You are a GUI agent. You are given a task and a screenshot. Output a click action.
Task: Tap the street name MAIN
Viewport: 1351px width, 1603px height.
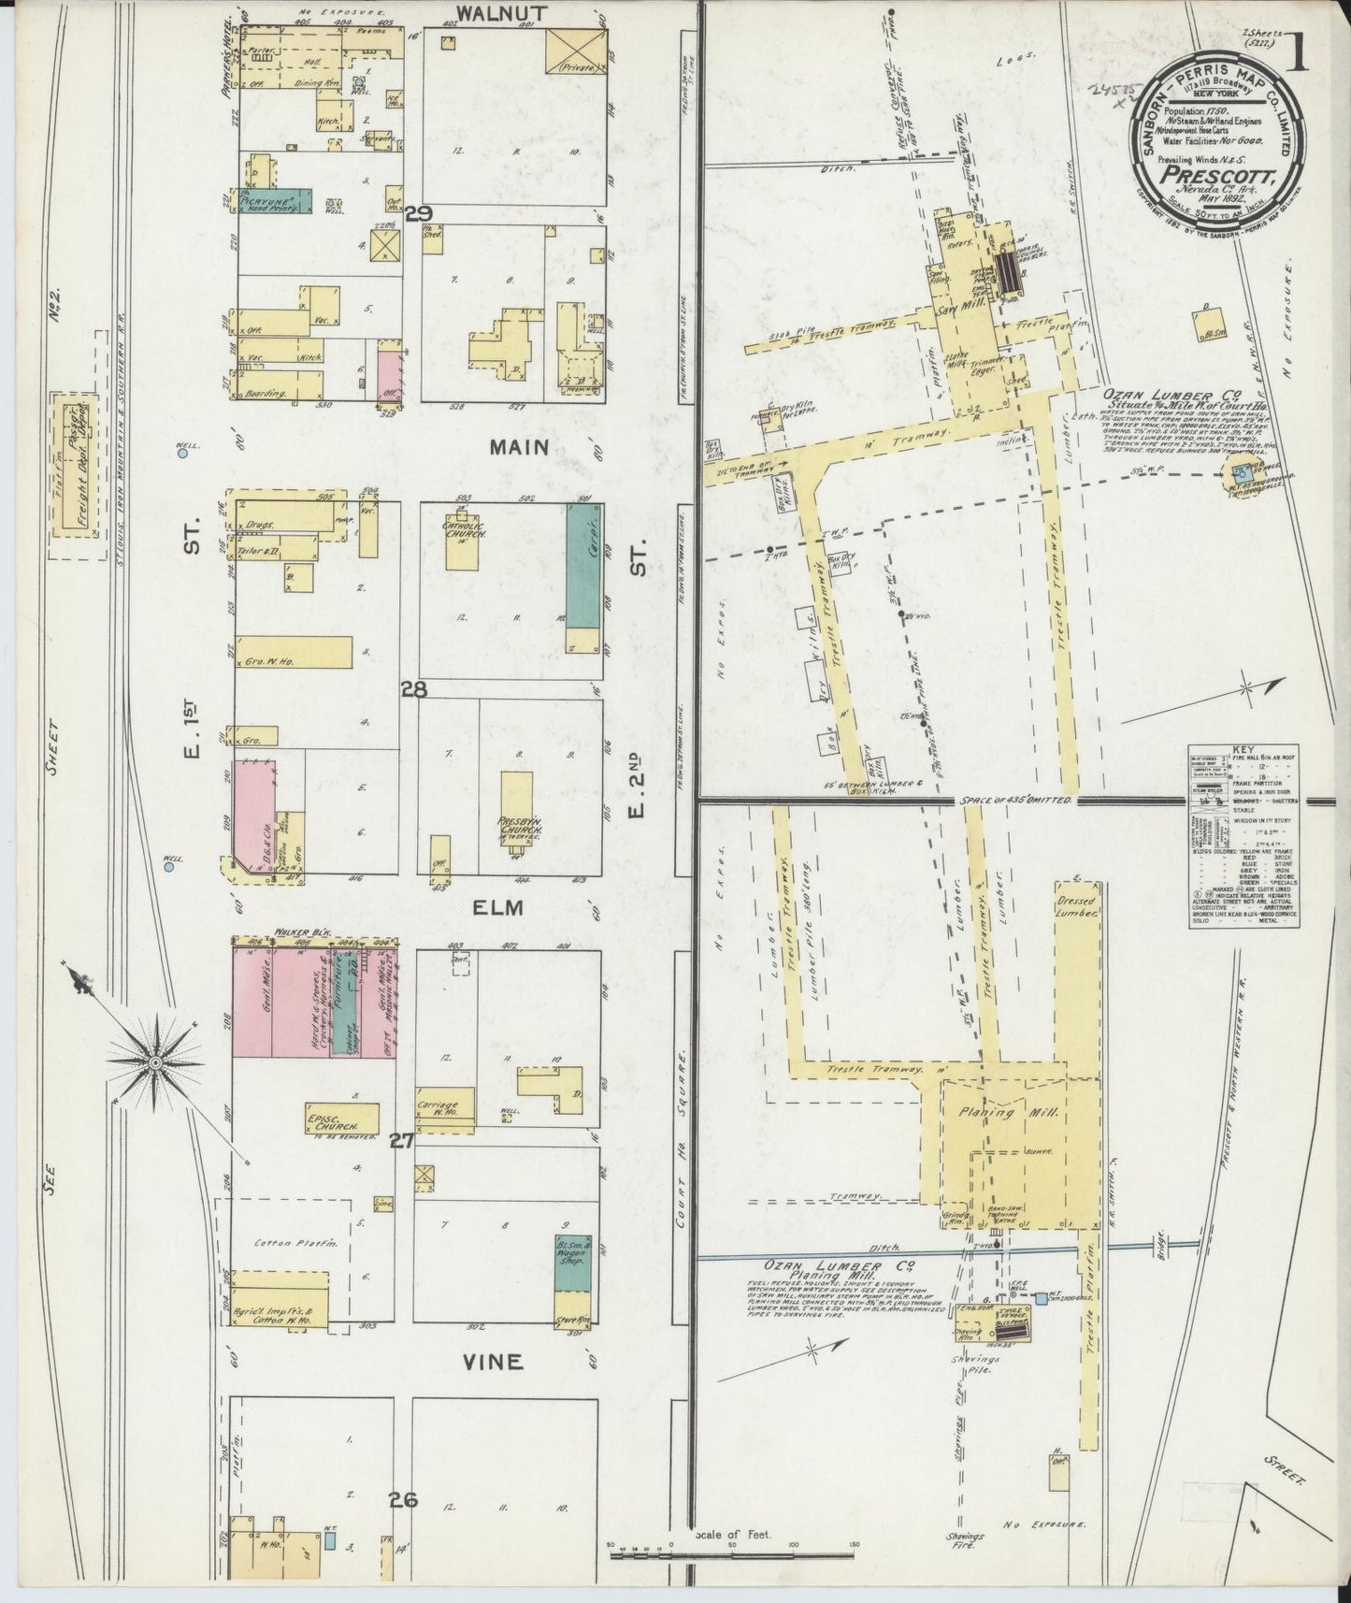519,448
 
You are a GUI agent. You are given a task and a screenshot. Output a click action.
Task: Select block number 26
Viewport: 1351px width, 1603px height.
403,1501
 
